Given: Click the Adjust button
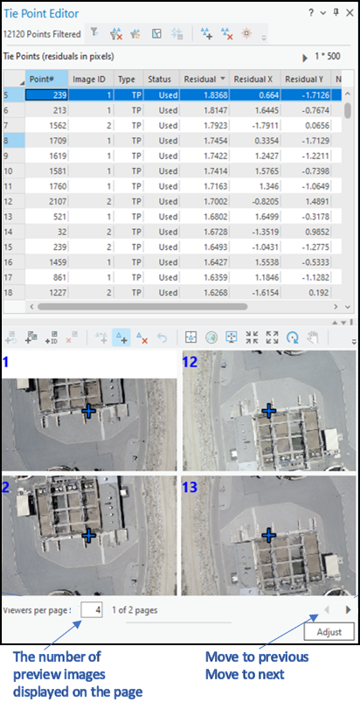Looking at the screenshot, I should pos(329,631).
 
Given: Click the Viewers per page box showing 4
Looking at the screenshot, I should pos(92,609).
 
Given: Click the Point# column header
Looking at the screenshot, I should pos(45,79).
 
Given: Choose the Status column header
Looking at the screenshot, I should pos(159,79).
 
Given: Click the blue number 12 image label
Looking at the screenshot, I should pos(188,362).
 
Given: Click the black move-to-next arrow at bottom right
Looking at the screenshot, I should pos(349,609).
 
